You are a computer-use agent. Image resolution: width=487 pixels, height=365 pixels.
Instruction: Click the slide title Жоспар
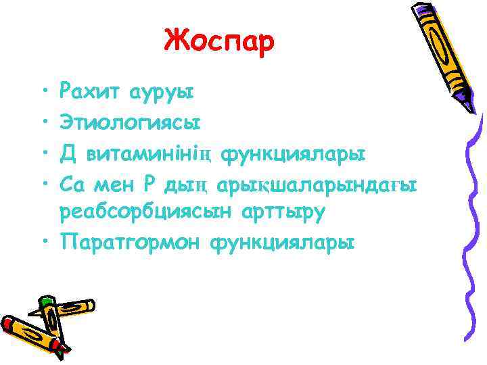point(219,41)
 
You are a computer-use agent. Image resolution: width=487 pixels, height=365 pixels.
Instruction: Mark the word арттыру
point(279,212)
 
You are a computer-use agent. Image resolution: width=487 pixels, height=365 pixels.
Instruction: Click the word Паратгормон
point(131,241)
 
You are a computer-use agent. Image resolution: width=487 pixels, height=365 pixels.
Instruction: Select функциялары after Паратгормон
point(283,241)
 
